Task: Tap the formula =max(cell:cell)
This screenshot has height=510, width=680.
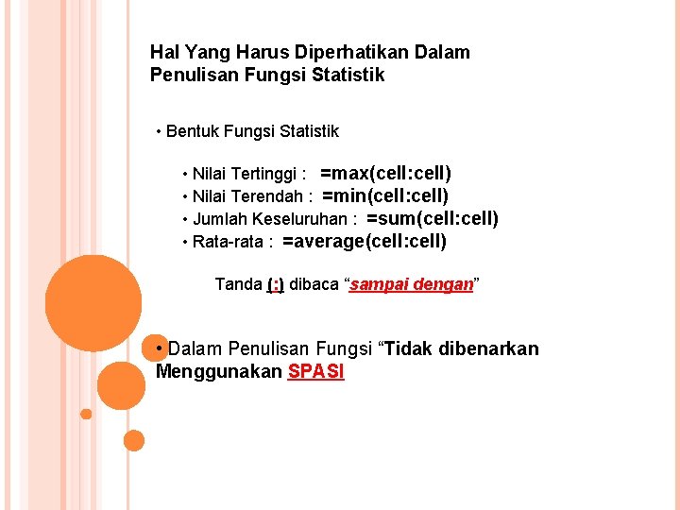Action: click(385, 174)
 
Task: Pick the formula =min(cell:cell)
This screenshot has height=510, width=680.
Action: click(385, 196)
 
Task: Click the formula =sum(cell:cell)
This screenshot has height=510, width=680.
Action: click(432, 219)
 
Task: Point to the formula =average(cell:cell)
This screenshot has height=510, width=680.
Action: click(364, 242)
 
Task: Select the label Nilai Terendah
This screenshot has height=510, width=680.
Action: click(247, 196)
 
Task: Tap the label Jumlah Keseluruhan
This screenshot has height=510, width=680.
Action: click(270, 219)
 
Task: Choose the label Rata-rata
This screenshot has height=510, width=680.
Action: click(228, 242)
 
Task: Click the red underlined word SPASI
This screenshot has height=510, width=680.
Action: click(316, 372)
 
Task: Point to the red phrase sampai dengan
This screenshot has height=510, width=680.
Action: click(411, 284)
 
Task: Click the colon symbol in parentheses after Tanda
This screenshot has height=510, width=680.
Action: click(276, 284)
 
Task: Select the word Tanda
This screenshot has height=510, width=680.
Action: click(239, 284)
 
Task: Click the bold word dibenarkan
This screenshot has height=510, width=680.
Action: click(490, 349)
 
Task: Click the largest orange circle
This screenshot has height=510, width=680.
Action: click(93, 303)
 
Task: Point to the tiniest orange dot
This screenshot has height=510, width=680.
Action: click(86, 414)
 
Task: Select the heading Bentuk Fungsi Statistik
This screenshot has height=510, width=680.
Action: click(252, 131)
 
